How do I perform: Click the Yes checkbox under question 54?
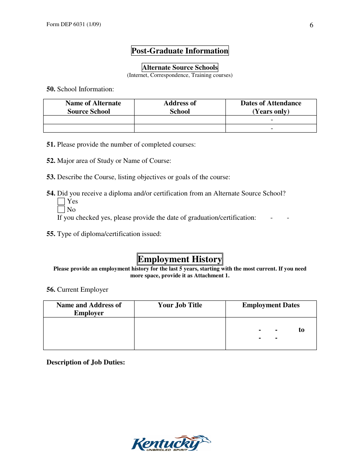pos(61,202)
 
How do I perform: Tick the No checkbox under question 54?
pos(61,210)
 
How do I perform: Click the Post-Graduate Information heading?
pos(180,51)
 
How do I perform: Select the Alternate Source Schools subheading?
pos(180,67)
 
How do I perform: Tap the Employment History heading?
pos(180,259)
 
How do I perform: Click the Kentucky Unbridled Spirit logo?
pos(171,443)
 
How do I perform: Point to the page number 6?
pos(311,25)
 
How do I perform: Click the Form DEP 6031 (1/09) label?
pos(74,25)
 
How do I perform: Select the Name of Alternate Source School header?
pos(89,107)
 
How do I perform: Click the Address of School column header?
pos(180,107)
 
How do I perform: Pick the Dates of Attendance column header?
pos(271,107)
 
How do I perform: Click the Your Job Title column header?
pos(180,305)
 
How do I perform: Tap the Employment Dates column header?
pos(271,305)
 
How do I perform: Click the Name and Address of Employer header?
pos(89,309)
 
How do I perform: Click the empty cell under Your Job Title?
pos(180,333)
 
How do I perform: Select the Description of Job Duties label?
pos(86,362)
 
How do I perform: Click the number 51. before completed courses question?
pos(51,144)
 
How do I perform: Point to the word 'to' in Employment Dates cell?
pos(301,330)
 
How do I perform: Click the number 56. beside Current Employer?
pos(51,289)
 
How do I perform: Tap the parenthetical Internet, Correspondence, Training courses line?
pos(180,75)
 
